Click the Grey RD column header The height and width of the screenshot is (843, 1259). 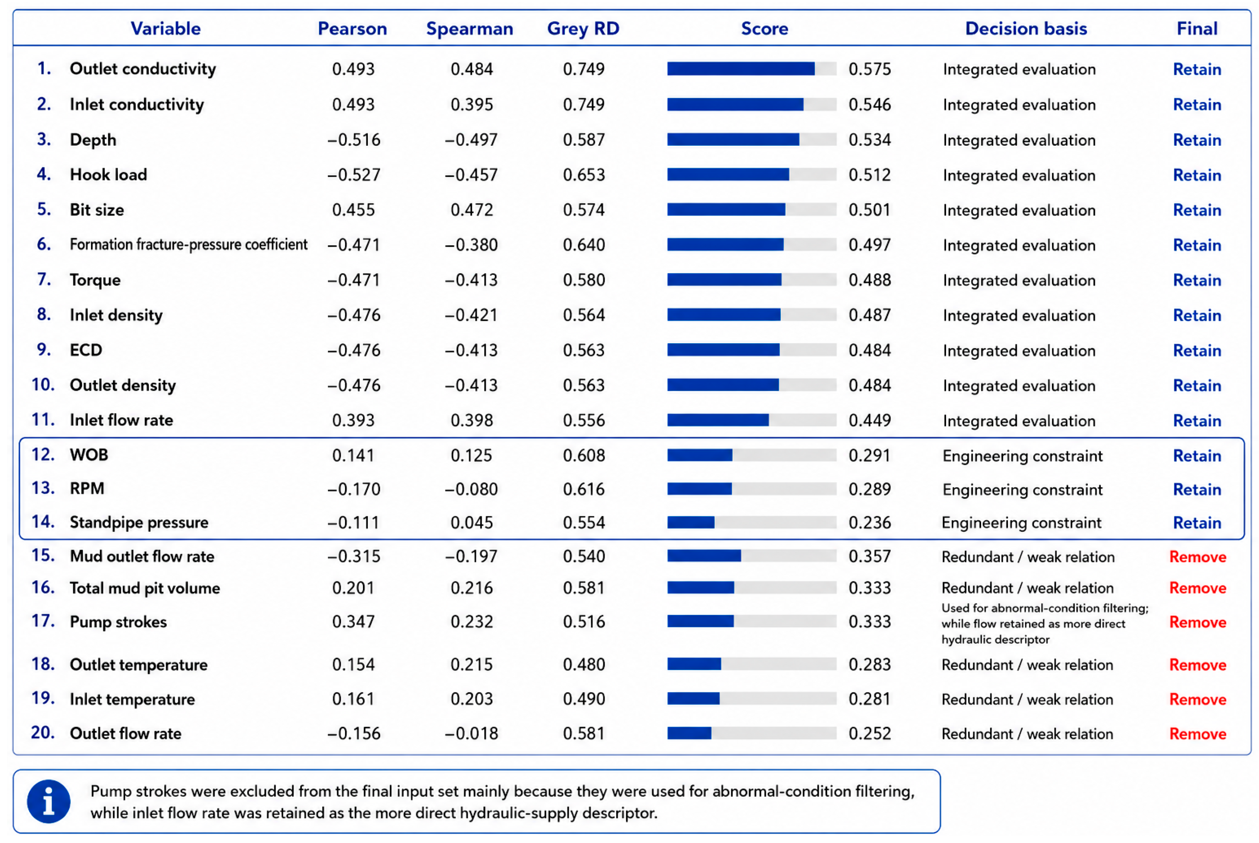point(583,28)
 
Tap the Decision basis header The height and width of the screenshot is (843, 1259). point(1025,28)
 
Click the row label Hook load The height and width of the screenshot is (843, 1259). point(108,175)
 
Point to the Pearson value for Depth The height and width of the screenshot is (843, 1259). point(354,140)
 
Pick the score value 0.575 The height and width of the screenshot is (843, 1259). point(870,69)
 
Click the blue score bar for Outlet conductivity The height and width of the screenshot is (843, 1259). point(740,69)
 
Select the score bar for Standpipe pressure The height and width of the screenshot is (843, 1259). point(691,522)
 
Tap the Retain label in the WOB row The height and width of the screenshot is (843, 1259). point(1197,456)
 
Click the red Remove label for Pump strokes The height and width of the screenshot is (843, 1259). point(1198,622)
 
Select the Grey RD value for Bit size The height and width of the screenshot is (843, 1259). point(584,210)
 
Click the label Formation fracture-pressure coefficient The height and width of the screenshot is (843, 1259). point(188,244)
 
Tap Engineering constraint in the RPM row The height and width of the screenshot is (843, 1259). point(1022,489)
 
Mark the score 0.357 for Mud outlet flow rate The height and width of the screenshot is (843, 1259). point(870,556)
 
